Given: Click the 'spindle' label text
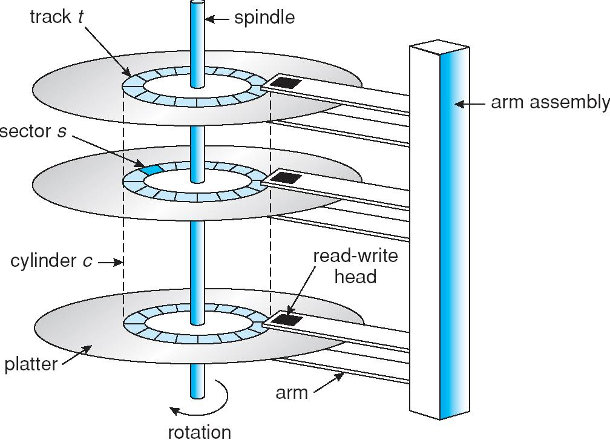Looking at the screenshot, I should point(264,18).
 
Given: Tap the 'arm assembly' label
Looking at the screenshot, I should point(549,103).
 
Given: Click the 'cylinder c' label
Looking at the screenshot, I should point(51,262).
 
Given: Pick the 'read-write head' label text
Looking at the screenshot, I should point(355,266).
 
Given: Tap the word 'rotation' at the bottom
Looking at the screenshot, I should point(199,432).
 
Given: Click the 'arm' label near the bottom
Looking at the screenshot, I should point(292,392).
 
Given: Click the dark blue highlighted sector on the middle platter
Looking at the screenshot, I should point(151,169).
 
